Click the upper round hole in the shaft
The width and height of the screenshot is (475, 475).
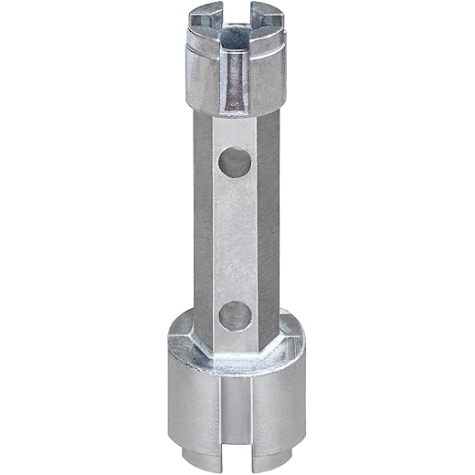236,164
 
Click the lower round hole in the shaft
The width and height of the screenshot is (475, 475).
236,314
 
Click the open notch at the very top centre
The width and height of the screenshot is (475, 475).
235,13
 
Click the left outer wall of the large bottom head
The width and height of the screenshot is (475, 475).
187,402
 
